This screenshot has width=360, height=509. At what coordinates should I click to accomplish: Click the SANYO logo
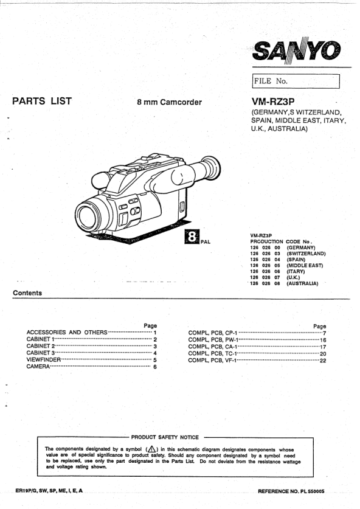coord(296,50)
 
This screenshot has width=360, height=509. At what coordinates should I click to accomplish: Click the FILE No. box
coord(296,81)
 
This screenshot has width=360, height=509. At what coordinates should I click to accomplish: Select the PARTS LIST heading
coord(42,101)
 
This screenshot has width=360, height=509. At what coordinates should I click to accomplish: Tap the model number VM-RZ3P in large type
coord(273,102)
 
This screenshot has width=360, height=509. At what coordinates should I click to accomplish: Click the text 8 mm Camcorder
coord(169,102)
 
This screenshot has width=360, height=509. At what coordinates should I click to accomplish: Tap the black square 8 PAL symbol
coord(192,237)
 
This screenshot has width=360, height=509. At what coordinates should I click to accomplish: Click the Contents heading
coord(27,293)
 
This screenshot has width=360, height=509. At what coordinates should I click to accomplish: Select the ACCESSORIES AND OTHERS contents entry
coord(67,332)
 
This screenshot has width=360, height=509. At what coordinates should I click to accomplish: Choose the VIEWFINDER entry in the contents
coord(44,359)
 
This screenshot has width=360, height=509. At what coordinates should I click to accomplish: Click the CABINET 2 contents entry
coord(41,346)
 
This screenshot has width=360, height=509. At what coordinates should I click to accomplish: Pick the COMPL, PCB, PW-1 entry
coord(213,340)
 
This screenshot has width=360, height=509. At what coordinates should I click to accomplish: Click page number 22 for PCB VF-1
coord(323,361)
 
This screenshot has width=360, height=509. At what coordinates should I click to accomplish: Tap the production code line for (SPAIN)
coord(277,260)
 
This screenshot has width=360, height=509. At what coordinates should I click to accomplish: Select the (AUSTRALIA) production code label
coord(302,283)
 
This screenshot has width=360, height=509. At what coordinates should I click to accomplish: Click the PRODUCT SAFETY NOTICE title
coord(165,437)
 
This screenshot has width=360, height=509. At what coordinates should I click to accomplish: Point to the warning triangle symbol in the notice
coord(151,449)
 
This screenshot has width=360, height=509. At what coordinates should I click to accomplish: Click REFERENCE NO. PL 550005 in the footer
coord(291,491)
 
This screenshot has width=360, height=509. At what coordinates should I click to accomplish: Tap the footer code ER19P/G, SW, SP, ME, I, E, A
coord(49,491)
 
